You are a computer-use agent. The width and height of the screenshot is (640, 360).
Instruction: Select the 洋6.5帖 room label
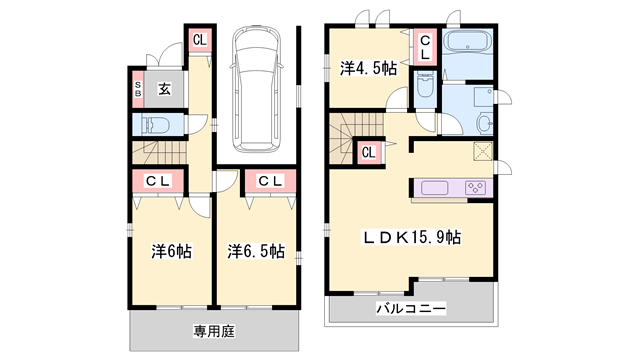[x=254, y=250]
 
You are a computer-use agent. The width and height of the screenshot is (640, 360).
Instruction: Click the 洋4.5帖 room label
[x=367, y=68]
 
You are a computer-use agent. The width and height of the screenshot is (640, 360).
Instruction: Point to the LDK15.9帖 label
[x=411, y=237]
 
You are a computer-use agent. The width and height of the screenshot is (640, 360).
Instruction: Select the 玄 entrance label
[x=165, y=91]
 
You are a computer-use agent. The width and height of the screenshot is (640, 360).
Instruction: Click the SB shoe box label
[x=139, y=91]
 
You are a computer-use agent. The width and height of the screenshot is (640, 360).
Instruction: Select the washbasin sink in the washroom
[x=484, y=122]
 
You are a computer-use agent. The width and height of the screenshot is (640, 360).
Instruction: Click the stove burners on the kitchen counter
[x=472, y=187]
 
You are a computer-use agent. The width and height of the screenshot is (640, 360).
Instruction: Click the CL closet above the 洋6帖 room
[x=156, y=181]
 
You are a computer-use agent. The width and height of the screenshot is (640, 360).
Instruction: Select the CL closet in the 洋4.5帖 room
[x=424, y=47]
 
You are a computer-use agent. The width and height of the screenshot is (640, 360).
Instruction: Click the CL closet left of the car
[x=200, y=40]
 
